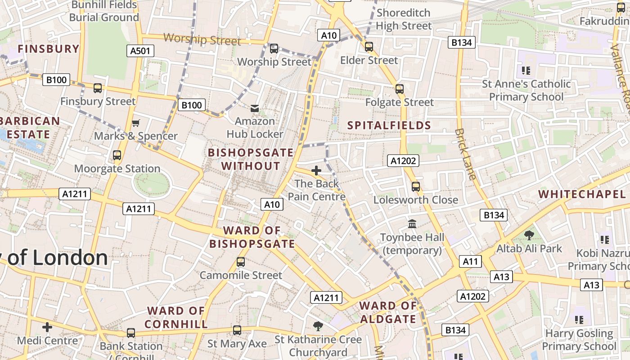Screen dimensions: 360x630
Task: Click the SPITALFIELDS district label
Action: point(389,126)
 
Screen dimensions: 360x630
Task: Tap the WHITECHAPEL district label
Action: point(582,194)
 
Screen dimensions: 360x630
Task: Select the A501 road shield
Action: point(140,51)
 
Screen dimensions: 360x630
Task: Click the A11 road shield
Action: point(471,261)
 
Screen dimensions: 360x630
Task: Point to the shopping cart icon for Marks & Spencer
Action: point(135,123)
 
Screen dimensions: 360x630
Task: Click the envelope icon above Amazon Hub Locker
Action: point(255,108)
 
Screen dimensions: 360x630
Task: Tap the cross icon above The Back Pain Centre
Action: point(316,171)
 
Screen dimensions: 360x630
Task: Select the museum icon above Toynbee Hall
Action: point(412,224)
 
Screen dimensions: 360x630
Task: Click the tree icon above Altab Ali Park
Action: point(529,235)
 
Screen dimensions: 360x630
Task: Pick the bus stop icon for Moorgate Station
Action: point(117,155)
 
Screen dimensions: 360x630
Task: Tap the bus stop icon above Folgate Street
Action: point(399,89)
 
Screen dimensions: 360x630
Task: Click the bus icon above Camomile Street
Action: point(241,262)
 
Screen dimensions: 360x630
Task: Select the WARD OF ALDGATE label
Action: point(388,312)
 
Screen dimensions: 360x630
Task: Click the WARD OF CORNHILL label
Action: point(176,317)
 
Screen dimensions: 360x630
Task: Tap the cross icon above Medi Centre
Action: point(47,327)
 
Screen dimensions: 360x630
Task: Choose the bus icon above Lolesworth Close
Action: point(416,186)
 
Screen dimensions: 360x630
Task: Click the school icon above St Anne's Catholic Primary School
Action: point(526,71)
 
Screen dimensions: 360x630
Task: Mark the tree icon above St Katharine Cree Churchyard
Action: point(318,326)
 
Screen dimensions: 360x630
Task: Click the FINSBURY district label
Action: point(49,49)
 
